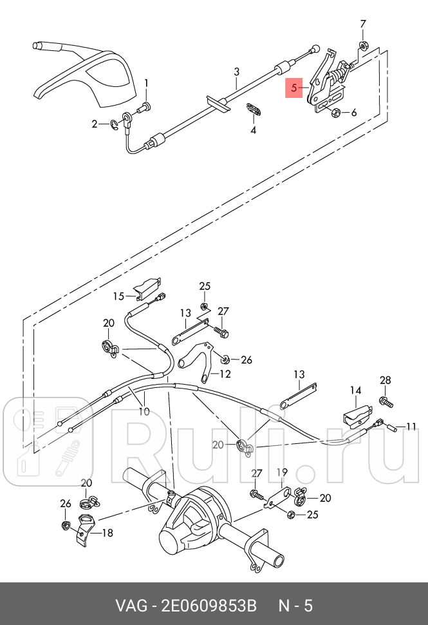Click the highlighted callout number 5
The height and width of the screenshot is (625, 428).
coord(294,88)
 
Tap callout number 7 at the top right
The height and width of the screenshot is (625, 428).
coord(363,24)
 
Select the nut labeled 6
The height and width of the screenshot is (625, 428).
coord(335,112)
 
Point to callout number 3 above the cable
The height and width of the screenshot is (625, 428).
coord(236,72)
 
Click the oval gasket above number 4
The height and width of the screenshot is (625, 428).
coord(252,110)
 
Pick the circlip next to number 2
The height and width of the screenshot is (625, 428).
coord(115,124)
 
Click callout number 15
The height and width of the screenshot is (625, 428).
coord(118,296)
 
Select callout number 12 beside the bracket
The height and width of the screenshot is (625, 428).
coord(225,374)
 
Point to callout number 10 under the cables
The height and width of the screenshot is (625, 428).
coord(144,411)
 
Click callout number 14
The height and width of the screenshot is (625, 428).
coord(355,390)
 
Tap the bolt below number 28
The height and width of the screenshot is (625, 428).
coord(387,402)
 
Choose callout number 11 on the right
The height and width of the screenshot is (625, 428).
coord(411,427)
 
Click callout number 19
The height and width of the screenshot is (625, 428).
coord(282,472)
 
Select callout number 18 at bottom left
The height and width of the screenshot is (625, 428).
coord(107,533)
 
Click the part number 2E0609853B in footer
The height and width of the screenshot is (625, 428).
coord(209,606)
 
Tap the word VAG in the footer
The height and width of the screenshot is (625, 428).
coord(129,606)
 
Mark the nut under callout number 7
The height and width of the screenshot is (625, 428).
coord(363,46)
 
